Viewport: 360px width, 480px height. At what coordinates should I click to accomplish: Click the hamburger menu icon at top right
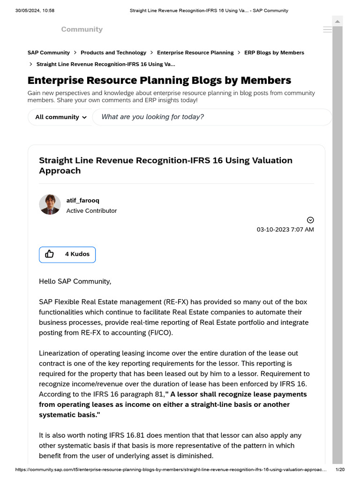coord(327,30)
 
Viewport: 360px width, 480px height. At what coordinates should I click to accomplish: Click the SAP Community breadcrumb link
coord(48,52)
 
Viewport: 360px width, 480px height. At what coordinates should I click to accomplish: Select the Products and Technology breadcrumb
coord(113,52)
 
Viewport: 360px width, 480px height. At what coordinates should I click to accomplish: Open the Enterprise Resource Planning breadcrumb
coord(195,52)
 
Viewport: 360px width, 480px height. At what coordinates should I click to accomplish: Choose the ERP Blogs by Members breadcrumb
coord(274,52)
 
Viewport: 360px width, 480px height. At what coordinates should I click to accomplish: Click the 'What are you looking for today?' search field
coord(211,117)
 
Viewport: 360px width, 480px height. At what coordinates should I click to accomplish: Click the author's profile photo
coord(50,205)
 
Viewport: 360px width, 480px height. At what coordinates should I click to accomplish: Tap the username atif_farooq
coord(83,200)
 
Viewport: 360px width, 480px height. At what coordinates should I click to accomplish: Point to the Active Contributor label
coord(91,211)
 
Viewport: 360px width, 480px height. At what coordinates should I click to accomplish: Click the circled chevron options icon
coord(310,220)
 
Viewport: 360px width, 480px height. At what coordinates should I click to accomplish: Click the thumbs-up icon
coord(50,254)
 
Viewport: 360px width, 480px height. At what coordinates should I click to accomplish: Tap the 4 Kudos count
coord(77,254)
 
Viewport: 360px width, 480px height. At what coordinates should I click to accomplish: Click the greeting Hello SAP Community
coord(75,282)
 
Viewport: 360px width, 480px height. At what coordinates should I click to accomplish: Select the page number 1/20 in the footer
coord(340,469)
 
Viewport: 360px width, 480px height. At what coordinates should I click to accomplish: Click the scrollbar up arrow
coord(337,22)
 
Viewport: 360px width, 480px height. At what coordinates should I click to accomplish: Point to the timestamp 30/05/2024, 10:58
coord(35,10)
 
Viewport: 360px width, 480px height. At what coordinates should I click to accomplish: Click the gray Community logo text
coord(82,30)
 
